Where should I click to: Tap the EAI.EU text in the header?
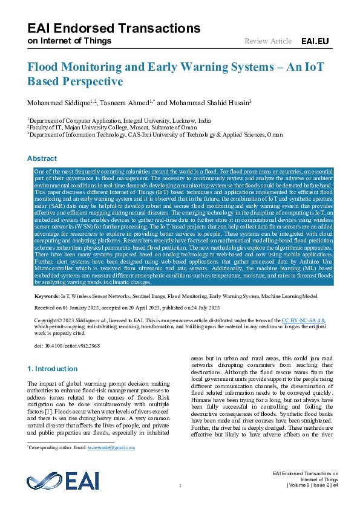(314, 41)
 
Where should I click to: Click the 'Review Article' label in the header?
(267, 41)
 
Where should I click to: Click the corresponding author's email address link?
(111, 448)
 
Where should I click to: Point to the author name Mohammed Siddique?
(58, 101)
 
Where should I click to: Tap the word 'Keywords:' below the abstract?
(47, 297)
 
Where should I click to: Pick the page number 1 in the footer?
(180, 486)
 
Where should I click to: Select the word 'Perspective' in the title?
(97, 81)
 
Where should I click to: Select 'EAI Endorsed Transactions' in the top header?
(114, 28)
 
